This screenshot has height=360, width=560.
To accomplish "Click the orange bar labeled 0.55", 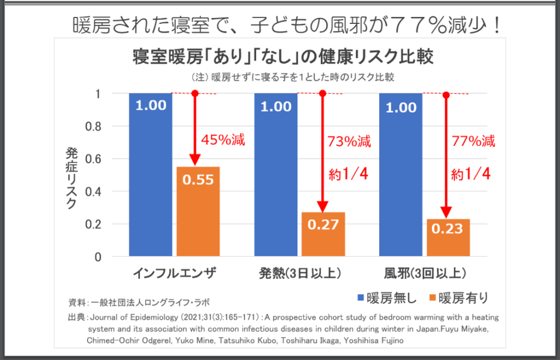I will coord(198,211).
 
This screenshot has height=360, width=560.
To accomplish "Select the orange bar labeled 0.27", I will coord(323,234).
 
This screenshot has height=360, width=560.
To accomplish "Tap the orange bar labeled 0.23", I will coord(448,237).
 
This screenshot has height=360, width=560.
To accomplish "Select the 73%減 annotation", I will coord(349,142).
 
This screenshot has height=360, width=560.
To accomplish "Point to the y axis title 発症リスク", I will coord(71,178).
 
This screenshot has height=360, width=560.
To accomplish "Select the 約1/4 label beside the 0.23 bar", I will coord(471,174).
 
